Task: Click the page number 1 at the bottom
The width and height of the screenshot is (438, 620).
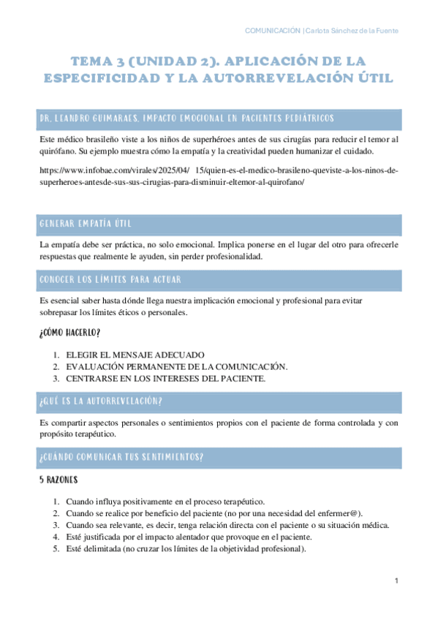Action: pyautogui.click(x=396, y=581)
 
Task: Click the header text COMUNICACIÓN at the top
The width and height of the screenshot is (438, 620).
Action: pyautogui.click(x=273, y=30)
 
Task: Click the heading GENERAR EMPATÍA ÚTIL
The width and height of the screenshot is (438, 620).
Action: pyautogui.click(x=86, y=224)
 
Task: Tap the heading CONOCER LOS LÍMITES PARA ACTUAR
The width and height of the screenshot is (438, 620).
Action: pyautogui.click(x=110, y=279)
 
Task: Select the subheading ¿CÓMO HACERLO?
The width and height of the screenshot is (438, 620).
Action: pyautogui.click(x=69, y=333)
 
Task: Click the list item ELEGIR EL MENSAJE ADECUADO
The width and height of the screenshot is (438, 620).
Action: pyautogui.click(x=135, y=355)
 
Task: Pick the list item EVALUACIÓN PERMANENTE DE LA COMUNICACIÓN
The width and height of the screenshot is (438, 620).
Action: pyautogui.click(x=176, y=367)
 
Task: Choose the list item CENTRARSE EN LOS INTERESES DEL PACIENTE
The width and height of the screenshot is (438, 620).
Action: pyautogui.click(x=165, y=379)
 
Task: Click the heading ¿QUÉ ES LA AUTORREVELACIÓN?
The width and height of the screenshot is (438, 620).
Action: pyautogui.click(x=100, y=402)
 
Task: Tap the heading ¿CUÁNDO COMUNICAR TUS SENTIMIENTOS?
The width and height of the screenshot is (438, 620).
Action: pyautogui.click(x=121, y=457)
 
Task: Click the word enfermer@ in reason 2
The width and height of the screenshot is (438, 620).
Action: pyautogui.click(x=335, y=513)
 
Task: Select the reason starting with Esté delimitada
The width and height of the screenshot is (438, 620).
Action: pyautogui.click(x=186, y=550)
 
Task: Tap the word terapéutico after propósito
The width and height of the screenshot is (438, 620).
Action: pyautogui.click(x=94, y=434)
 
